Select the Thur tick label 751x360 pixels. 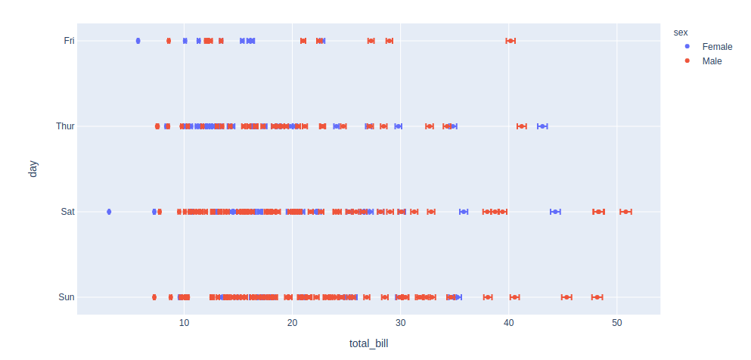point(66,126)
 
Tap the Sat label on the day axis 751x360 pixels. point(68,212)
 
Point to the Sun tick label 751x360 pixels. point(67,297)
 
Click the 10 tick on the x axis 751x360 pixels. point(184,324)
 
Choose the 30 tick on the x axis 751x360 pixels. point(401,324)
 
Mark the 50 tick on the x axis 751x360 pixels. point(617,324)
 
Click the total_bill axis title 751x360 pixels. point(368,344)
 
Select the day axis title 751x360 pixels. point(33,169)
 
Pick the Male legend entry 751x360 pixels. point(712,61)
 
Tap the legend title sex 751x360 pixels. point(680,33)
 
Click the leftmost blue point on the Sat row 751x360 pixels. point(109,212)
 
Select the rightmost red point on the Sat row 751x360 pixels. point(625,212)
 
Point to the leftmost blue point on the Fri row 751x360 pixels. point(138,41)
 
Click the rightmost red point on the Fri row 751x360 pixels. point(510,41)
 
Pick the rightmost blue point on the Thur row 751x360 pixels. point(542,126)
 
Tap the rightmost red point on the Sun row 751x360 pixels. point(597,297)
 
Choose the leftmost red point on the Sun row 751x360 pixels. point(154,297)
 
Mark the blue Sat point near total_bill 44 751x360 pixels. point(555,212)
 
